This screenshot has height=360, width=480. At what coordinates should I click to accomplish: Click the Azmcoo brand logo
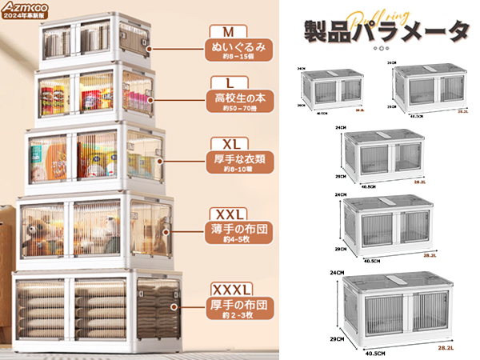coord(26,8)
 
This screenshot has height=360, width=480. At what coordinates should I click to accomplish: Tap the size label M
coord(229,33)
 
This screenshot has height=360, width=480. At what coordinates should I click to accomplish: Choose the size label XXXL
coord(232,288)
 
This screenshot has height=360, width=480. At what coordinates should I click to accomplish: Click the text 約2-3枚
coord(232,316)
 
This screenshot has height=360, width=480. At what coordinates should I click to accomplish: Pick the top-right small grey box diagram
coord(428,86)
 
